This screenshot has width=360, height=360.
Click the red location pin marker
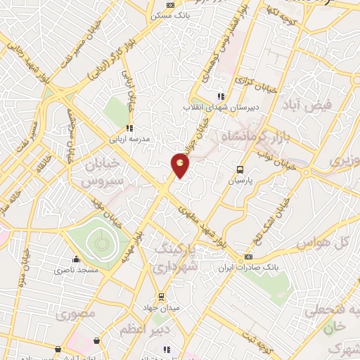(x=181, y=165)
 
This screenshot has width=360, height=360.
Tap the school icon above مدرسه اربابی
(x=129, y=129)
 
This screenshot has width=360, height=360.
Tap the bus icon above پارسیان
(x=240, y=169)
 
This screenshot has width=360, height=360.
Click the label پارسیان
(x=240, y=181)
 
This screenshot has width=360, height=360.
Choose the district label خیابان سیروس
(x=106, y=173)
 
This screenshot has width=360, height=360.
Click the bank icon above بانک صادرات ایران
(x=247, y=257)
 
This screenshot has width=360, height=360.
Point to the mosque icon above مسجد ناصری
(x=76, y=259)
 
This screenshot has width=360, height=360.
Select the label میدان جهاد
(x=167, y=307)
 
